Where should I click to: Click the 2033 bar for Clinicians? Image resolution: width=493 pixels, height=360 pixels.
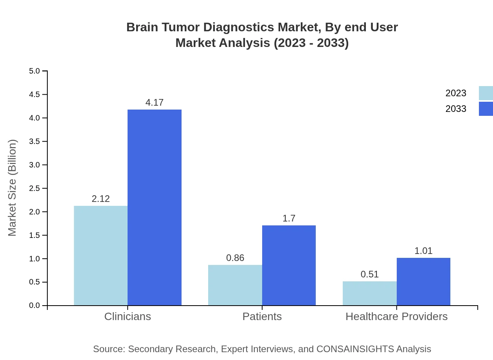pyautogui.click(x=155, y=207)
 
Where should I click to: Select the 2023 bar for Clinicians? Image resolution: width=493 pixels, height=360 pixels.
pyautogui.click(x=101, y=256)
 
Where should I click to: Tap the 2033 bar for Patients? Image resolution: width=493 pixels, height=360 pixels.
pyautogui.click(x=289, y=265)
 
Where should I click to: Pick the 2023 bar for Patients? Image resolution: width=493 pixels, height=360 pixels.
pyautogui.click(x=235, y=285)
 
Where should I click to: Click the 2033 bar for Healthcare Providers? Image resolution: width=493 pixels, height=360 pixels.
pyautogui.click(x=423, y=281)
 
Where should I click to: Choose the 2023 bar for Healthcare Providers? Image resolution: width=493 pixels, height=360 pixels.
pyautogui.click(x=370, y=293)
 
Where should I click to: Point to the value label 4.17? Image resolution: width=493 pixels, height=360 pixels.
pyautogui.click(x=155, y=103)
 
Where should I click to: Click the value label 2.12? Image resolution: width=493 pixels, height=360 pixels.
pyautogui.click(x=101, y=199)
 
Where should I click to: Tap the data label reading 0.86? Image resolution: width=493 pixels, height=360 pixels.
pyautogui.click(x=235, y=258)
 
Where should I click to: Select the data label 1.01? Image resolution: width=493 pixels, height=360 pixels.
pyautogui.click(x=423, y=251)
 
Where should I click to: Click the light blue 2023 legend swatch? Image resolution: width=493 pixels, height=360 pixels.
pyautogui.click(x=486, y=93)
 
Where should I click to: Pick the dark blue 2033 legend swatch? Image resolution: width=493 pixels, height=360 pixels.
pyautogui.click(x=486, y=109)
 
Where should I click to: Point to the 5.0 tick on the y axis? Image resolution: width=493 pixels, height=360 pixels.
pyautogui.click(x=34, y=71)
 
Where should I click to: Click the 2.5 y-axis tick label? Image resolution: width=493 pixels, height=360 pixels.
pyautogui.click(x=34, y=188)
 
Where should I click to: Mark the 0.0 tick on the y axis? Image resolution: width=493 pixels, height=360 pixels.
pyautogui.click(x=34, y=306)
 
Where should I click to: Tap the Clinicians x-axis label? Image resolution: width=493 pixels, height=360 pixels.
pyautogui.click(x=128, y=316)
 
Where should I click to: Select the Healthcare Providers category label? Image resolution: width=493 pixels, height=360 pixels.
pyautogui.click(x=396, y=316)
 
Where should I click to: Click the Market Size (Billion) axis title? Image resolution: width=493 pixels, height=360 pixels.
pyautogui.click(x=12, y=188)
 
